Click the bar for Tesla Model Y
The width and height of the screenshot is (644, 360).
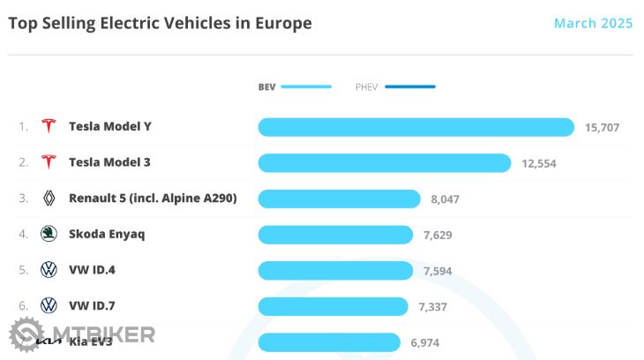tap(416, 127)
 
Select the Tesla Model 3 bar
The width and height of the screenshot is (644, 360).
tap(384, 163)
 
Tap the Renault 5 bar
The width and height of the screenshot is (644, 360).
tap(339, 199)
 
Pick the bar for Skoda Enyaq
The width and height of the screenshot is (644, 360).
tap(335, 235)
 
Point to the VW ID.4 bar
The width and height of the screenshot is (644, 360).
tap(335, 270)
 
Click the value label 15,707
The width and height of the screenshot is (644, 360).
tap(602, 128)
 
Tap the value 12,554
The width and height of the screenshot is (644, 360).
tap(538, 163)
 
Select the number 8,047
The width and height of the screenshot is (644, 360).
tap(446, 199)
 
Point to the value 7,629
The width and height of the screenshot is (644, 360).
tap(438, 235)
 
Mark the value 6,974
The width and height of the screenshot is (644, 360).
tap(425, 342)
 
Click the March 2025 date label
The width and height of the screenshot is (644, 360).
tap(593, 23)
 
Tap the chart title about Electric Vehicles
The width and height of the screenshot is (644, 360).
tap(160, 23)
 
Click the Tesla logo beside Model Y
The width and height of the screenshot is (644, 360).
tap(49, 126)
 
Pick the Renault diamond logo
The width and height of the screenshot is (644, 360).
tap(49, 199)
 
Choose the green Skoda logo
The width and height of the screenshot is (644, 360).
tap(49, 234)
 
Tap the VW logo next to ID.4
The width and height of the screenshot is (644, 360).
tap(49, 270)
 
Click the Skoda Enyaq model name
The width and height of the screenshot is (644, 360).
tap(107, 234)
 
